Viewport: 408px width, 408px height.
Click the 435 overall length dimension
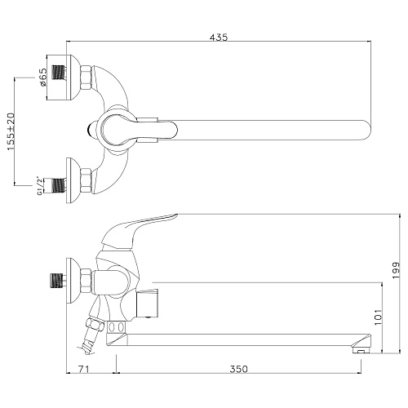[x=219, y=38]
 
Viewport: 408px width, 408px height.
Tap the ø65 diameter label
[x=43, y=77]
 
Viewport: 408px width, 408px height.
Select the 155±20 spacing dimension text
[x=11, y=131]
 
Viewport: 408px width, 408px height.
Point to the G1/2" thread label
[x=40, y=186]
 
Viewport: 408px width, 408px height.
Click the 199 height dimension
[x=396, y=270]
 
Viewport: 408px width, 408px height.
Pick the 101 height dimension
[x=379, y=317]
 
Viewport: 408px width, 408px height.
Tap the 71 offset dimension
[x=83, y=369]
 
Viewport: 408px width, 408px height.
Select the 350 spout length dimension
[x=239, y=369]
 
